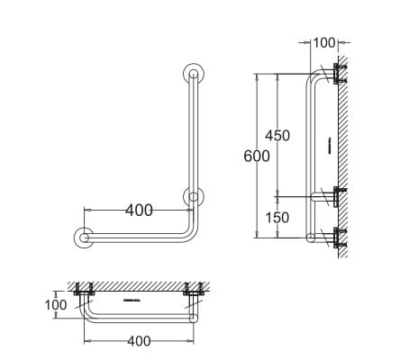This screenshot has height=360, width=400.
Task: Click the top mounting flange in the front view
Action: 192,74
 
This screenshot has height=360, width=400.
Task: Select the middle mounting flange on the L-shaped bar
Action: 192,197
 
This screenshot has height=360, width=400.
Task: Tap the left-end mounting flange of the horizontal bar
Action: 84,238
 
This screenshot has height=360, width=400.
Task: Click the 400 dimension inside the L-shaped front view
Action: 138,211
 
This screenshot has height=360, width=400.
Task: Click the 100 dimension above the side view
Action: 323,42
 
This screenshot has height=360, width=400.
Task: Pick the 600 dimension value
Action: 257,156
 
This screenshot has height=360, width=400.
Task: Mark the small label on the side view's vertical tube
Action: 331,144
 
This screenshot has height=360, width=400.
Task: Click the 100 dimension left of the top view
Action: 56,305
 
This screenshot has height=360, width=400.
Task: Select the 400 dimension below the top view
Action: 138,341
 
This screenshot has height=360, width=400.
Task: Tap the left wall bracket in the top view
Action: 86,292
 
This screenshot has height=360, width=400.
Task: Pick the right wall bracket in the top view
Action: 191,292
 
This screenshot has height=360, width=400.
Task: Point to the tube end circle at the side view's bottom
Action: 311,238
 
